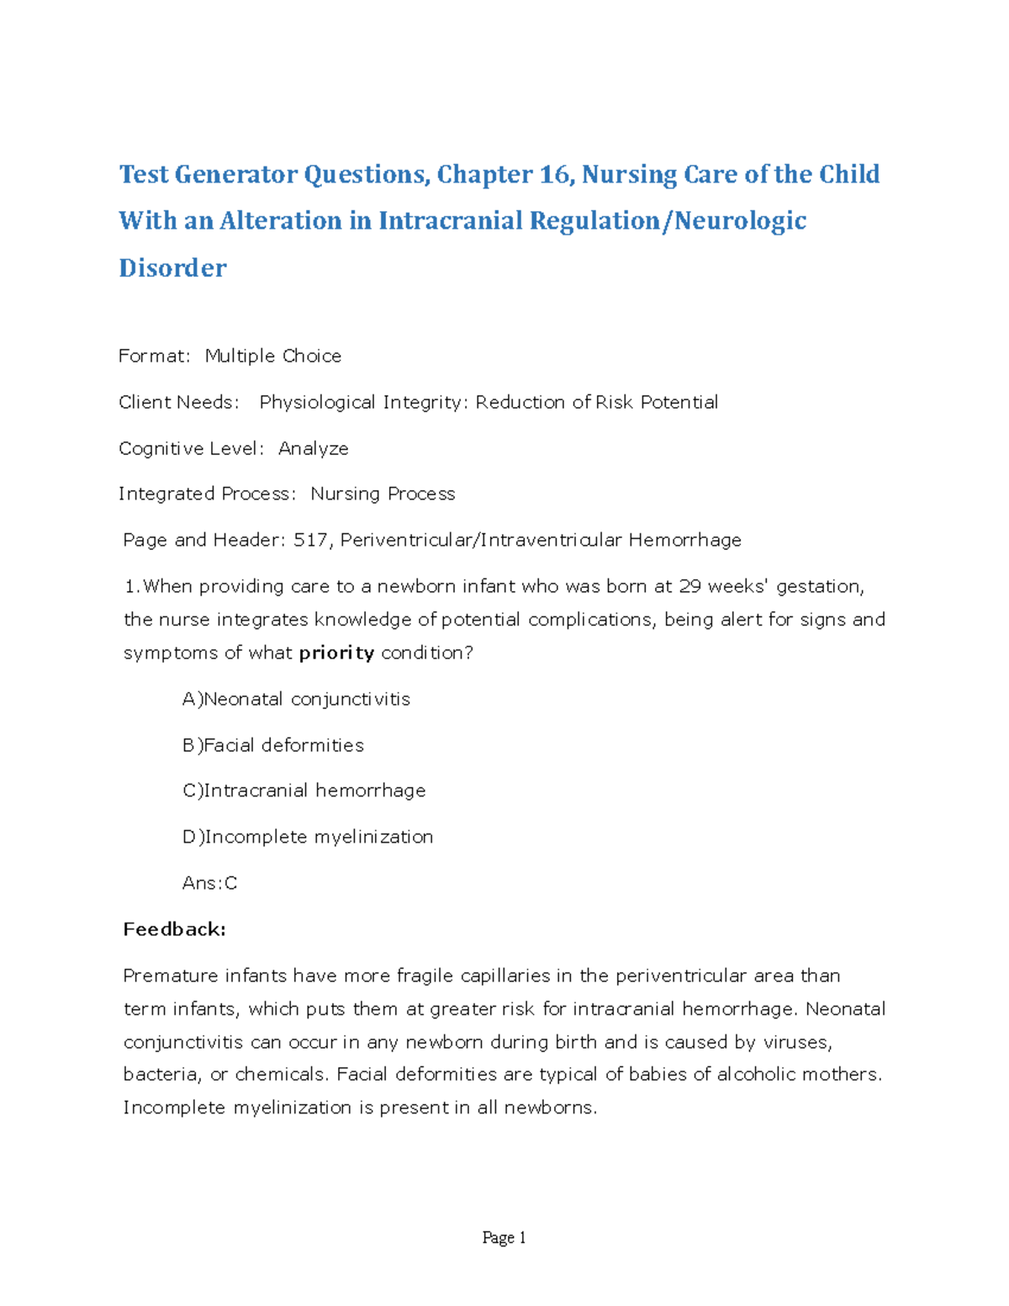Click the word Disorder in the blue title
coord(172,267)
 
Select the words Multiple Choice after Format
coord(273,356)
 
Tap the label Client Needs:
coord(178,402)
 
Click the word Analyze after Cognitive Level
coord(313,448)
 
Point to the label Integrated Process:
coord(207,494)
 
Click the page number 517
coord(311,540)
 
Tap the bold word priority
coord(336,653)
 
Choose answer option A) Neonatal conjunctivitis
coord(296,699)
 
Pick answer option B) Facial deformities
coord(273,745)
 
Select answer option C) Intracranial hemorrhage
coord(304,790)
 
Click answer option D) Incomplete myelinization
coord(308,837)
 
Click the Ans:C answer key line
coord(209,883)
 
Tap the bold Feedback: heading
coord(174,929)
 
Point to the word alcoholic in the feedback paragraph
coord(756,1074)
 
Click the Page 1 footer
coord(504,1238)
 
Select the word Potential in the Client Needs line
coord(679,402)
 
